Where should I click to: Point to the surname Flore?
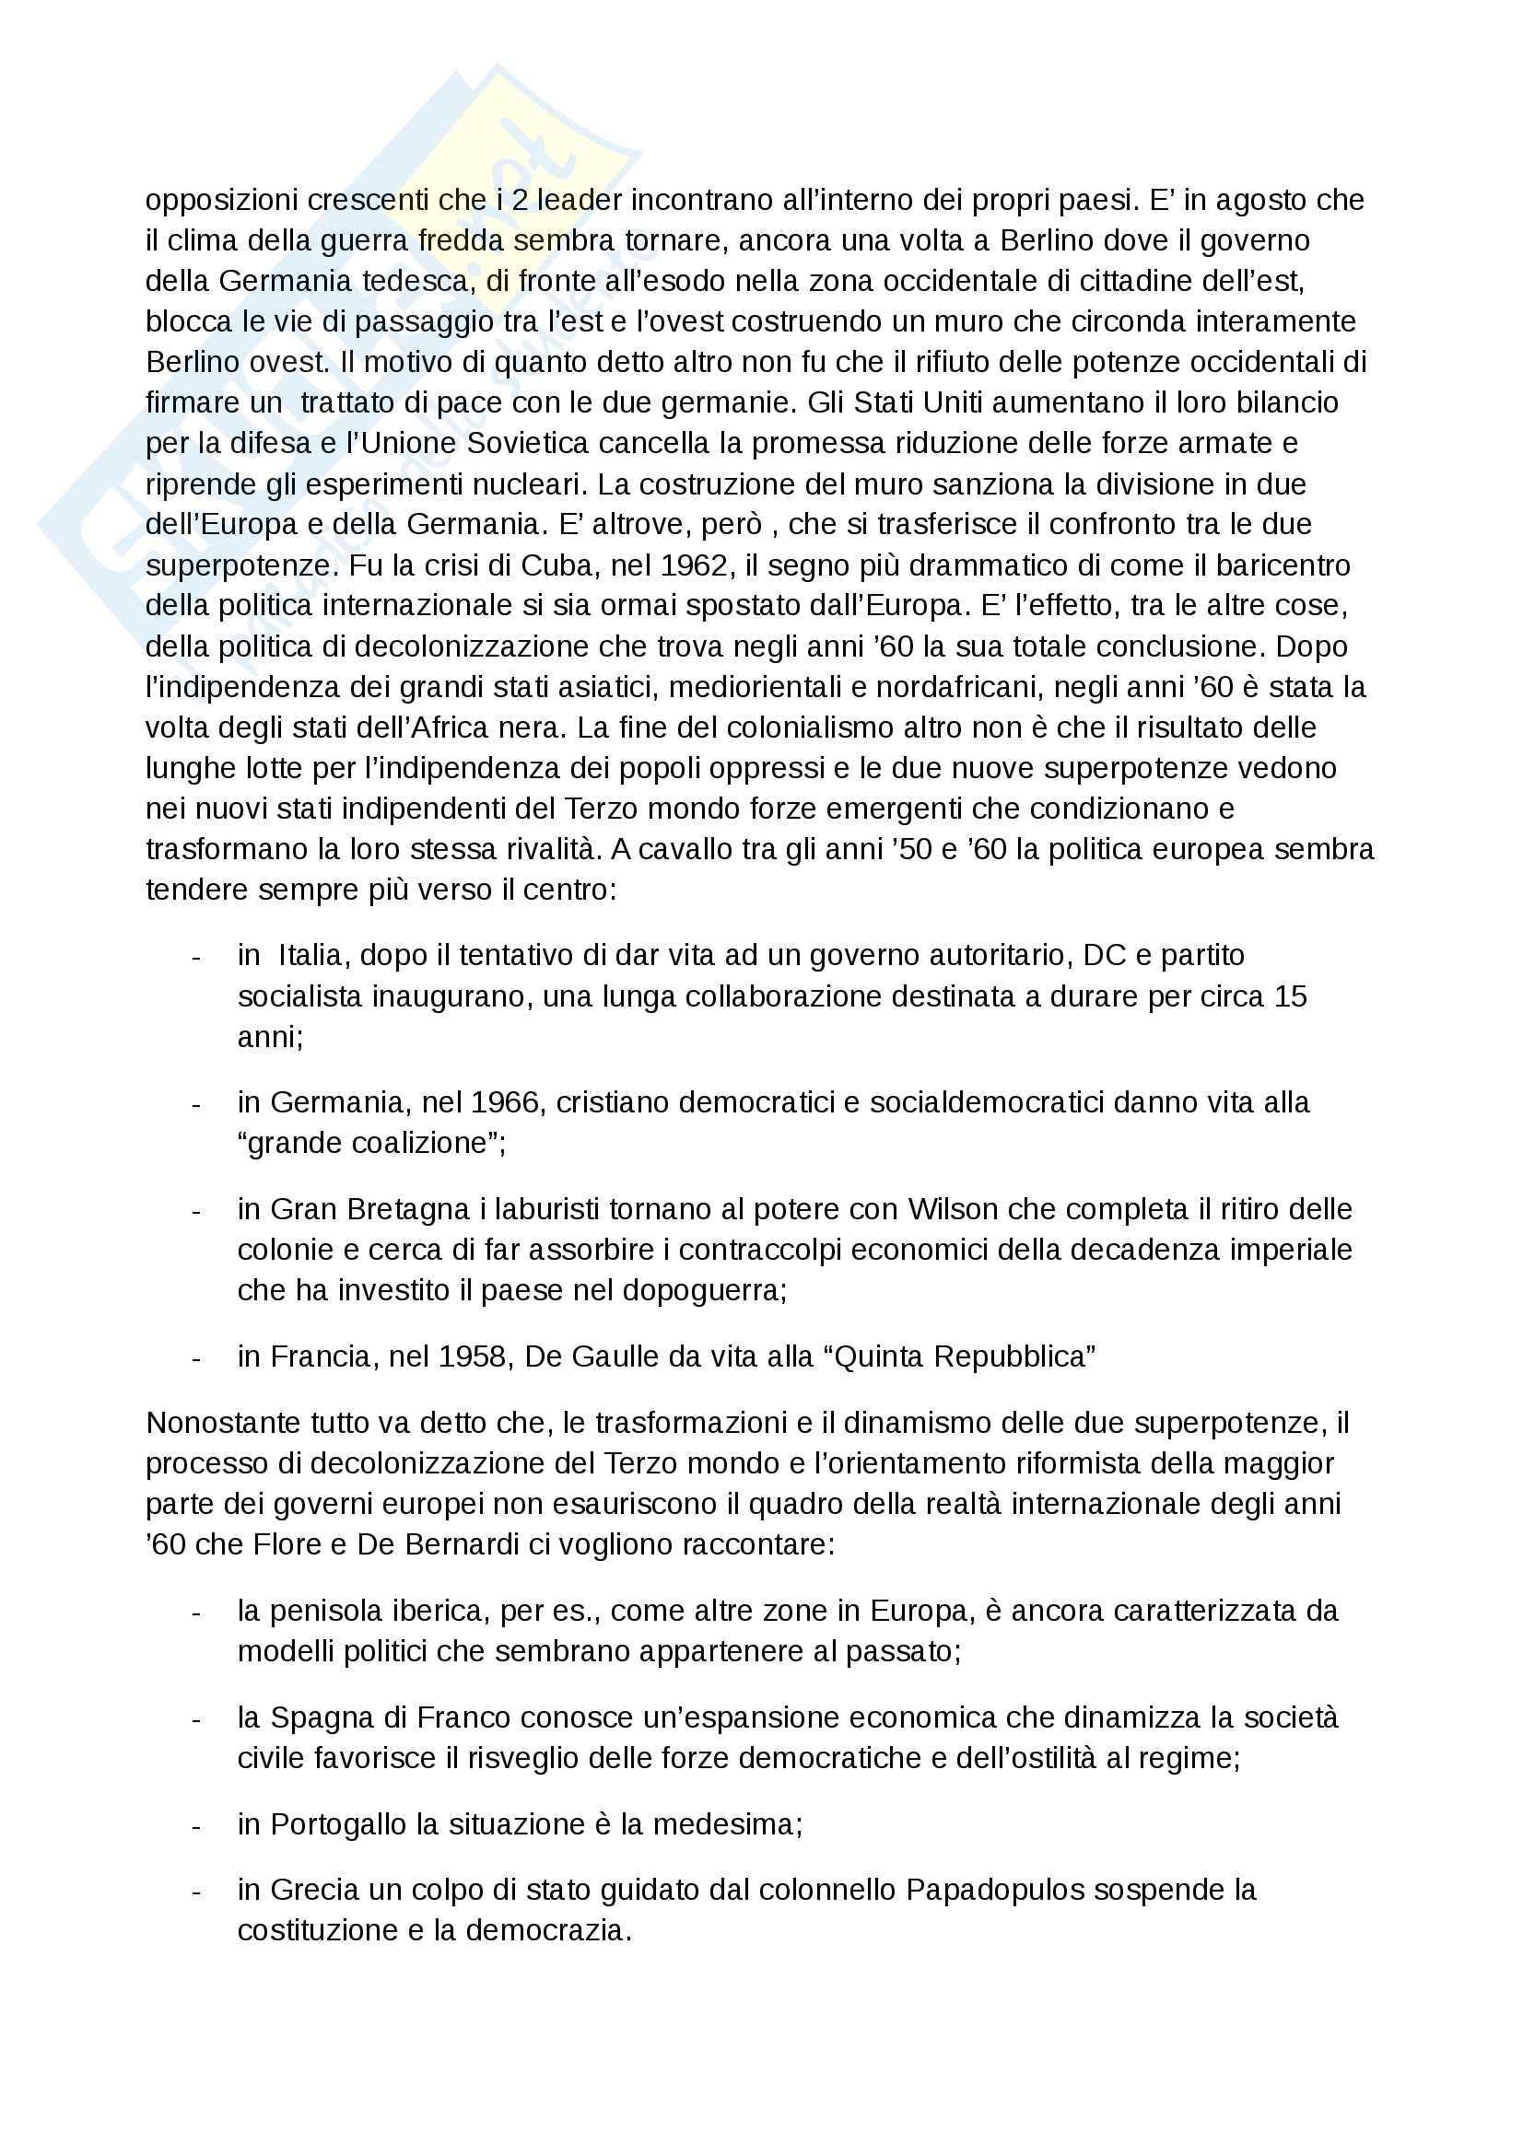tap(288, 1544)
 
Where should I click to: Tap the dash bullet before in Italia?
tap(196, 956)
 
